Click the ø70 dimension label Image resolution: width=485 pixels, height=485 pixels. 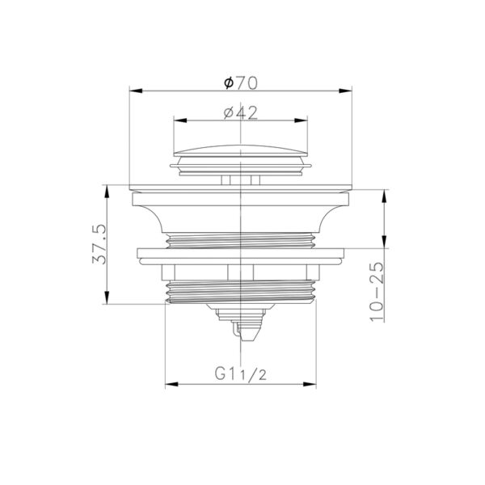(241, 83)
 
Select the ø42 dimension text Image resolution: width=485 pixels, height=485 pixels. (241, 113)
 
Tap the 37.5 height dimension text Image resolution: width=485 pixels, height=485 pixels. (99, 244)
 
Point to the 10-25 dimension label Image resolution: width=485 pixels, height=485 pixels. (377, 292)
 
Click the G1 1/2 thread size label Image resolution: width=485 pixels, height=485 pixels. (241, 374)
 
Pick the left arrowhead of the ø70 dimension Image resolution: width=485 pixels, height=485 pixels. (136, 91)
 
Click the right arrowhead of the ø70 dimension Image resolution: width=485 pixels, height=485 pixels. (345, 91)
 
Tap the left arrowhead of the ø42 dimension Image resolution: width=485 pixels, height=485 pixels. (180, 120)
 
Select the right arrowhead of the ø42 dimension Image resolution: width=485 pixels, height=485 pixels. (301, 120)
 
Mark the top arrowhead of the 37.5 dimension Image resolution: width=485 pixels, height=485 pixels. (107, 192)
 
